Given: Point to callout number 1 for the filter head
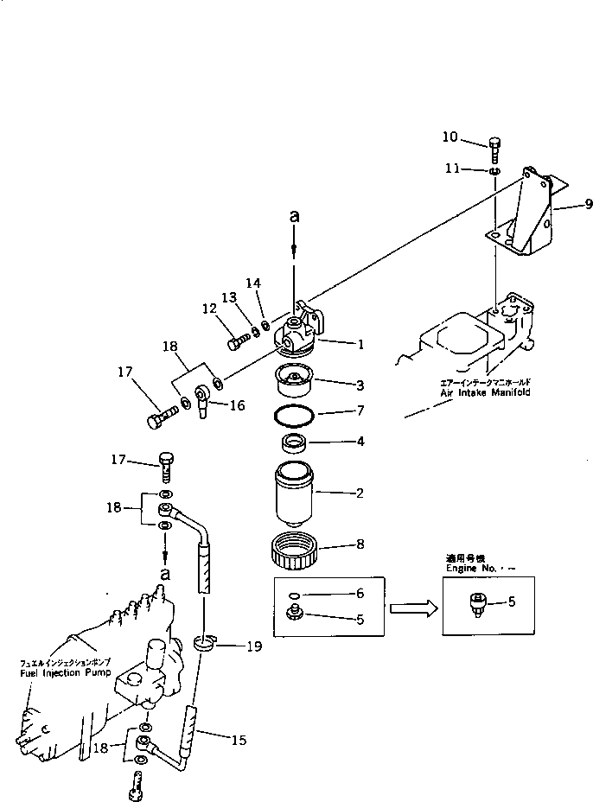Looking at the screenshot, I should click(360, 344).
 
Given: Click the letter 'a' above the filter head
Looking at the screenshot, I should click(294, 217).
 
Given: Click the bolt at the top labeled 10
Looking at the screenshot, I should click(495, 150).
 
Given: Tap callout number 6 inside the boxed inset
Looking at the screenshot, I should click(360, 594).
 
